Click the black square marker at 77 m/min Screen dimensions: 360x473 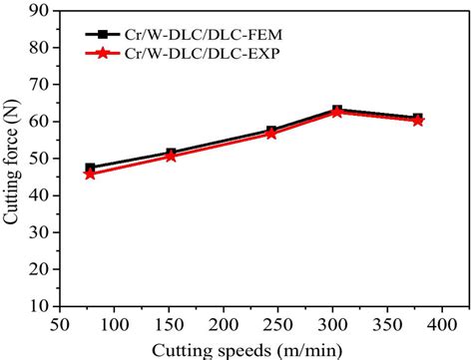91,168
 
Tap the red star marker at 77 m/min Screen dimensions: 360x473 91,174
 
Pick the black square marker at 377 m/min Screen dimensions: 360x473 417,119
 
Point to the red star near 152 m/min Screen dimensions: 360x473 172,157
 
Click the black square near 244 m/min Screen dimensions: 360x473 271,131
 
